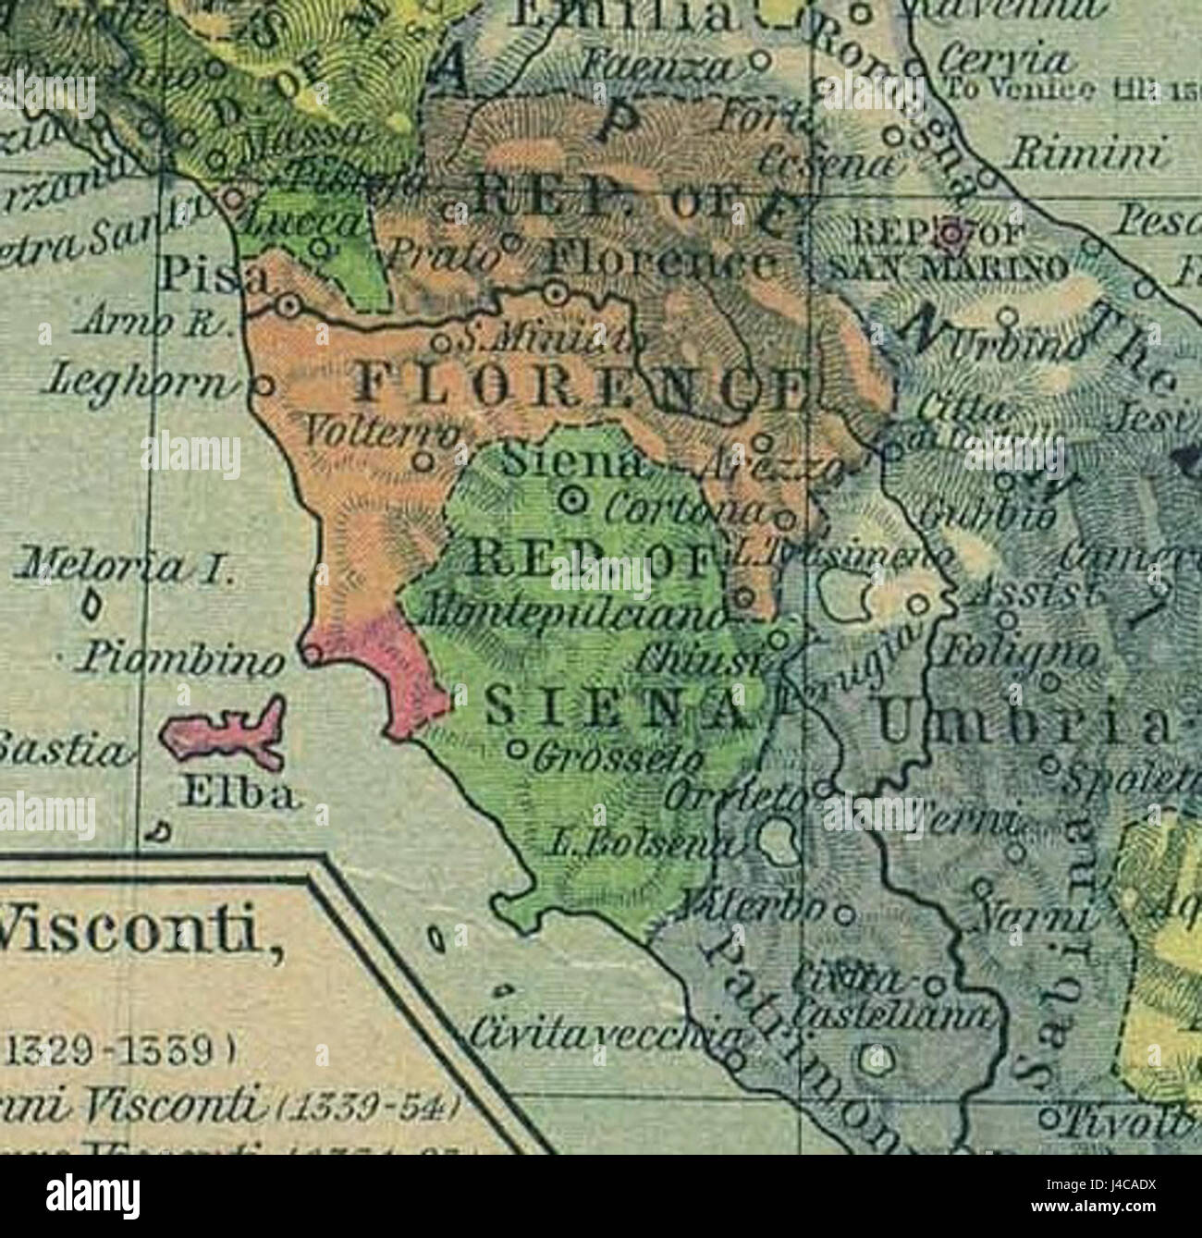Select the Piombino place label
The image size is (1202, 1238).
click(180, 658)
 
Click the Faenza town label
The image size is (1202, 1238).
click(662, 66)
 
